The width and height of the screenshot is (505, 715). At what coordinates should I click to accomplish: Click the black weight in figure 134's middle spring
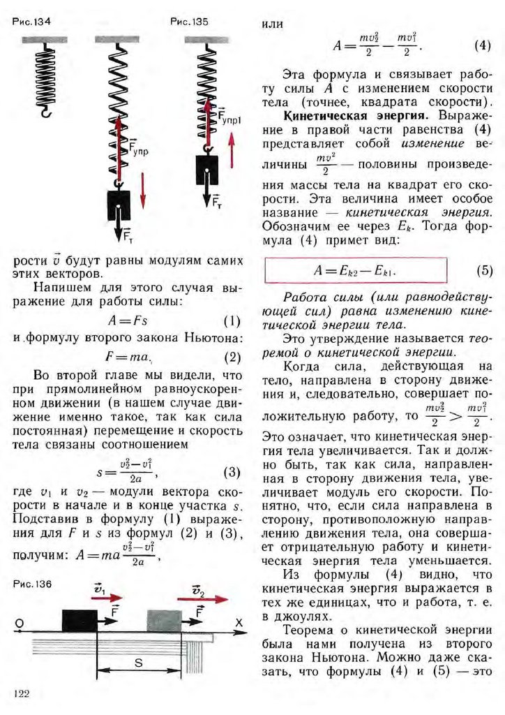click(119, 205)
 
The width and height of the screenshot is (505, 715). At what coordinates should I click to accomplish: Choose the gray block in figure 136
click(164, 621)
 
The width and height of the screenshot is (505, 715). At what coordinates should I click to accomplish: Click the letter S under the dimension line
click(139, 663)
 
